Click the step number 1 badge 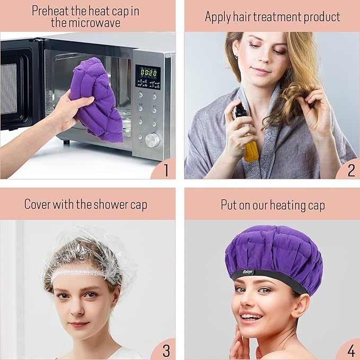tap(165, 170)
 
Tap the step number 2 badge tap(351, 170)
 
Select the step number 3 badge tap(165, 350)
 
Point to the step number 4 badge tap(351, 350)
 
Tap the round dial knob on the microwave tap(152, 139)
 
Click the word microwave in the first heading tap(94, 23)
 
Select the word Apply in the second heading tap(217, 16)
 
